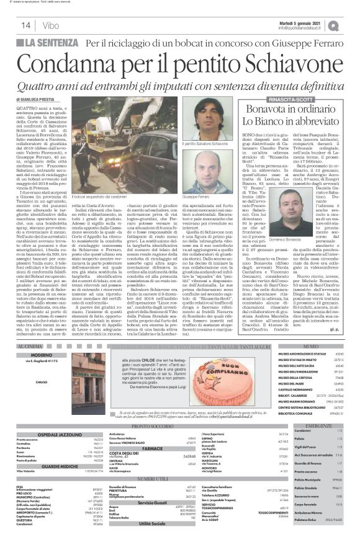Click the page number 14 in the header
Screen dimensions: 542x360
pos(27,25)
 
